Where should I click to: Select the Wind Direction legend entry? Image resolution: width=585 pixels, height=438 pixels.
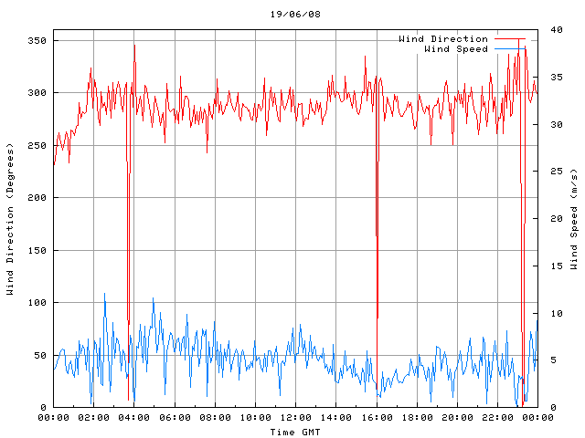pyautogui.click(x=443, y=39)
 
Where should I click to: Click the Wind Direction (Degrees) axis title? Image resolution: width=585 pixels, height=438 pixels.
pyautogui.click(x=10, y=219)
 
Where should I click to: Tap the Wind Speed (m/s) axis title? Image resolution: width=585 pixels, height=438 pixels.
pyautogui.click(x=574, y=219)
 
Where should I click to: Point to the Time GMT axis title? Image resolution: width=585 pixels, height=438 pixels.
pyautogui.click(x=295, y=432)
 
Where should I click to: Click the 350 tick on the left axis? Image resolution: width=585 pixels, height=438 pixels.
pyautogui.click(x=37, y=41)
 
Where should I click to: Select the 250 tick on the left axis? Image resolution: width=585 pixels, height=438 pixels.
pyautogui.click(x=37, y=146)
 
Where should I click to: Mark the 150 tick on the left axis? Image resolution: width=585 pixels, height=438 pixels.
pyautogui.click(x=37, y=251)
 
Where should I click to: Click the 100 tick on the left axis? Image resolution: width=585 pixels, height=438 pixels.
pyautogui.click(x=37, y=303)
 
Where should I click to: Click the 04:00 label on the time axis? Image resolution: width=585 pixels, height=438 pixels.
pyautogui.click(x=134, y=418)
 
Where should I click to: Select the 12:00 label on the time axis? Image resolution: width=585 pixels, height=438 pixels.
pyautogui.click(x=295, y=418)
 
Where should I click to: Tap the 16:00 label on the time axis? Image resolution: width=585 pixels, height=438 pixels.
pyautogui.click(x=377, y=418)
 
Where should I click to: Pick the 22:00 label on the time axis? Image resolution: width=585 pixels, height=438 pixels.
pyautogui.click(x=497, y=418)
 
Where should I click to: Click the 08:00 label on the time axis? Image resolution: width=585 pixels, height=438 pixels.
pyautogui.click(x=215, y=418)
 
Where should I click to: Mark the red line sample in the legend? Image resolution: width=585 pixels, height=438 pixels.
pyautogui.click(x=510, y=39)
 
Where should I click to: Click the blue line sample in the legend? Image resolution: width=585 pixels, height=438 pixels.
pyautogui.click(x=510, y=49)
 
